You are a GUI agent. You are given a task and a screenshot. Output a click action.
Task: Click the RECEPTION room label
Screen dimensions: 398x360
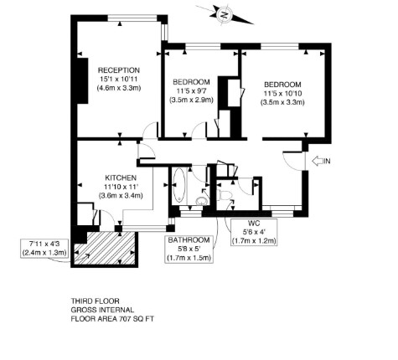(118, 70)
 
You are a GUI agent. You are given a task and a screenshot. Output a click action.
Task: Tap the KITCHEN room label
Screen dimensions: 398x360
(121, 177)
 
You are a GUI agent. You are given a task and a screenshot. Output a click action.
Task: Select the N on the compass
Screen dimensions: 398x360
(224, 14)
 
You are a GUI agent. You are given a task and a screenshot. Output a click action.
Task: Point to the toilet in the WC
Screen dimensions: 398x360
(225, 195)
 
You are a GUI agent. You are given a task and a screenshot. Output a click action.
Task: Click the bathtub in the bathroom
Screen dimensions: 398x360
(178, 185)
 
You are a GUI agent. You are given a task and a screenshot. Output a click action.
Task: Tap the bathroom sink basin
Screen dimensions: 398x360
(201, 201)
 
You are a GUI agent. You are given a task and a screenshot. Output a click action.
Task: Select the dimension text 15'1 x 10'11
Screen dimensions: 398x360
(118, 79)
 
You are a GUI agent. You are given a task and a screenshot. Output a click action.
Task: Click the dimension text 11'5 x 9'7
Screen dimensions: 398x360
(191, 90)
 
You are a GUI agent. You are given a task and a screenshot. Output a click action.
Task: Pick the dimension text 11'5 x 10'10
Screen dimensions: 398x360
(282, 93)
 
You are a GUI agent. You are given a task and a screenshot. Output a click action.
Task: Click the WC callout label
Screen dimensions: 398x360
(254, 224)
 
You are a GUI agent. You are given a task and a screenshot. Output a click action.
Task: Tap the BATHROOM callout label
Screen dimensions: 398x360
(189, 240)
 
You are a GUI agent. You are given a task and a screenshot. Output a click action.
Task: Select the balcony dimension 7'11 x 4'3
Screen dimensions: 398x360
(44, 244)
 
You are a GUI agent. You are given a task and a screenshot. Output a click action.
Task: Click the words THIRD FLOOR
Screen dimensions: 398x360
(96, 301)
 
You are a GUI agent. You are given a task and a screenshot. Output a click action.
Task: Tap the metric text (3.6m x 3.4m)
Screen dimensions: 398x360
(121, 196)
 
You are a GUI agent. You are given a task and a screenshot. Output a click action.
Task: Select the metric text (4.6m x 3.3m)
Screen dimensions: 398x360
(118, 88)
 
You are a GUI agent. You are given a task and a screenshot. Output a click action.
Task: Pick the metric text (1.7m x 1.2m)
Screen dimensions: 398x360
(254, 240)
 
